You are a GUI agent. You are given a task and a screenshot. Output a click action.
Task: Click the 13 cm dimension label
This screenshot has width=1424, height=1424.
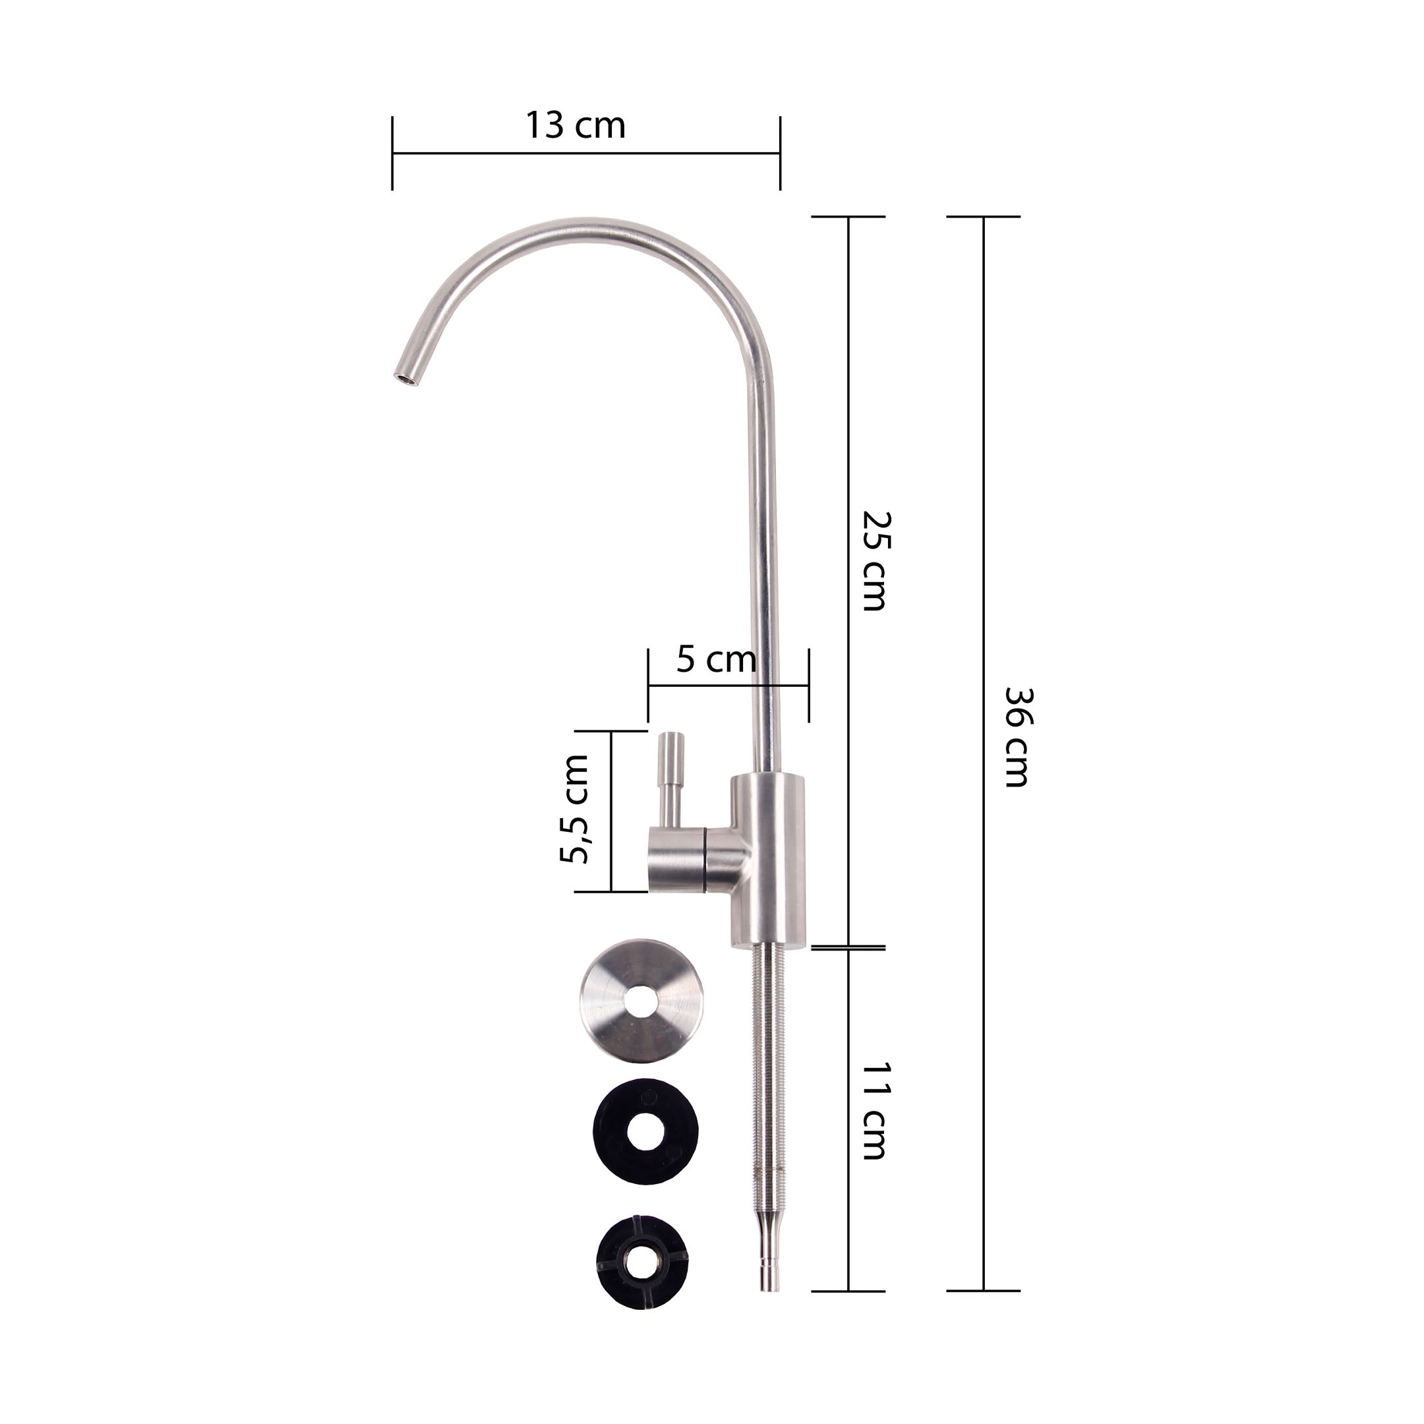[575, 125]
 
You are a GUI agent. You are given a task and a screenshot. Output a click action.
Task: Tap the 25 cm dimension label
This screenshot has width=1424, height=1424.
[877, 561]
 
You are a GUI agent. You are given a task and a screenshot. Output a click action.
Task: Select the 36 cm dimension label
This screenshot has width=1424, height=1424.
[1018, 737]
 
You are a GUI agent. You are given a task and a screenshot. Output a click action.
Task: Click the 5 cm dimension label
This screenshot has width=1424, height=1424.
[717, 659]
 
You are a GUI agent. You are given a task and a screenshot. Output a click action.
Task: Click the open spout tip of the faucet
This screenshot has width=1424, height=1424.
[405, 378]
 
